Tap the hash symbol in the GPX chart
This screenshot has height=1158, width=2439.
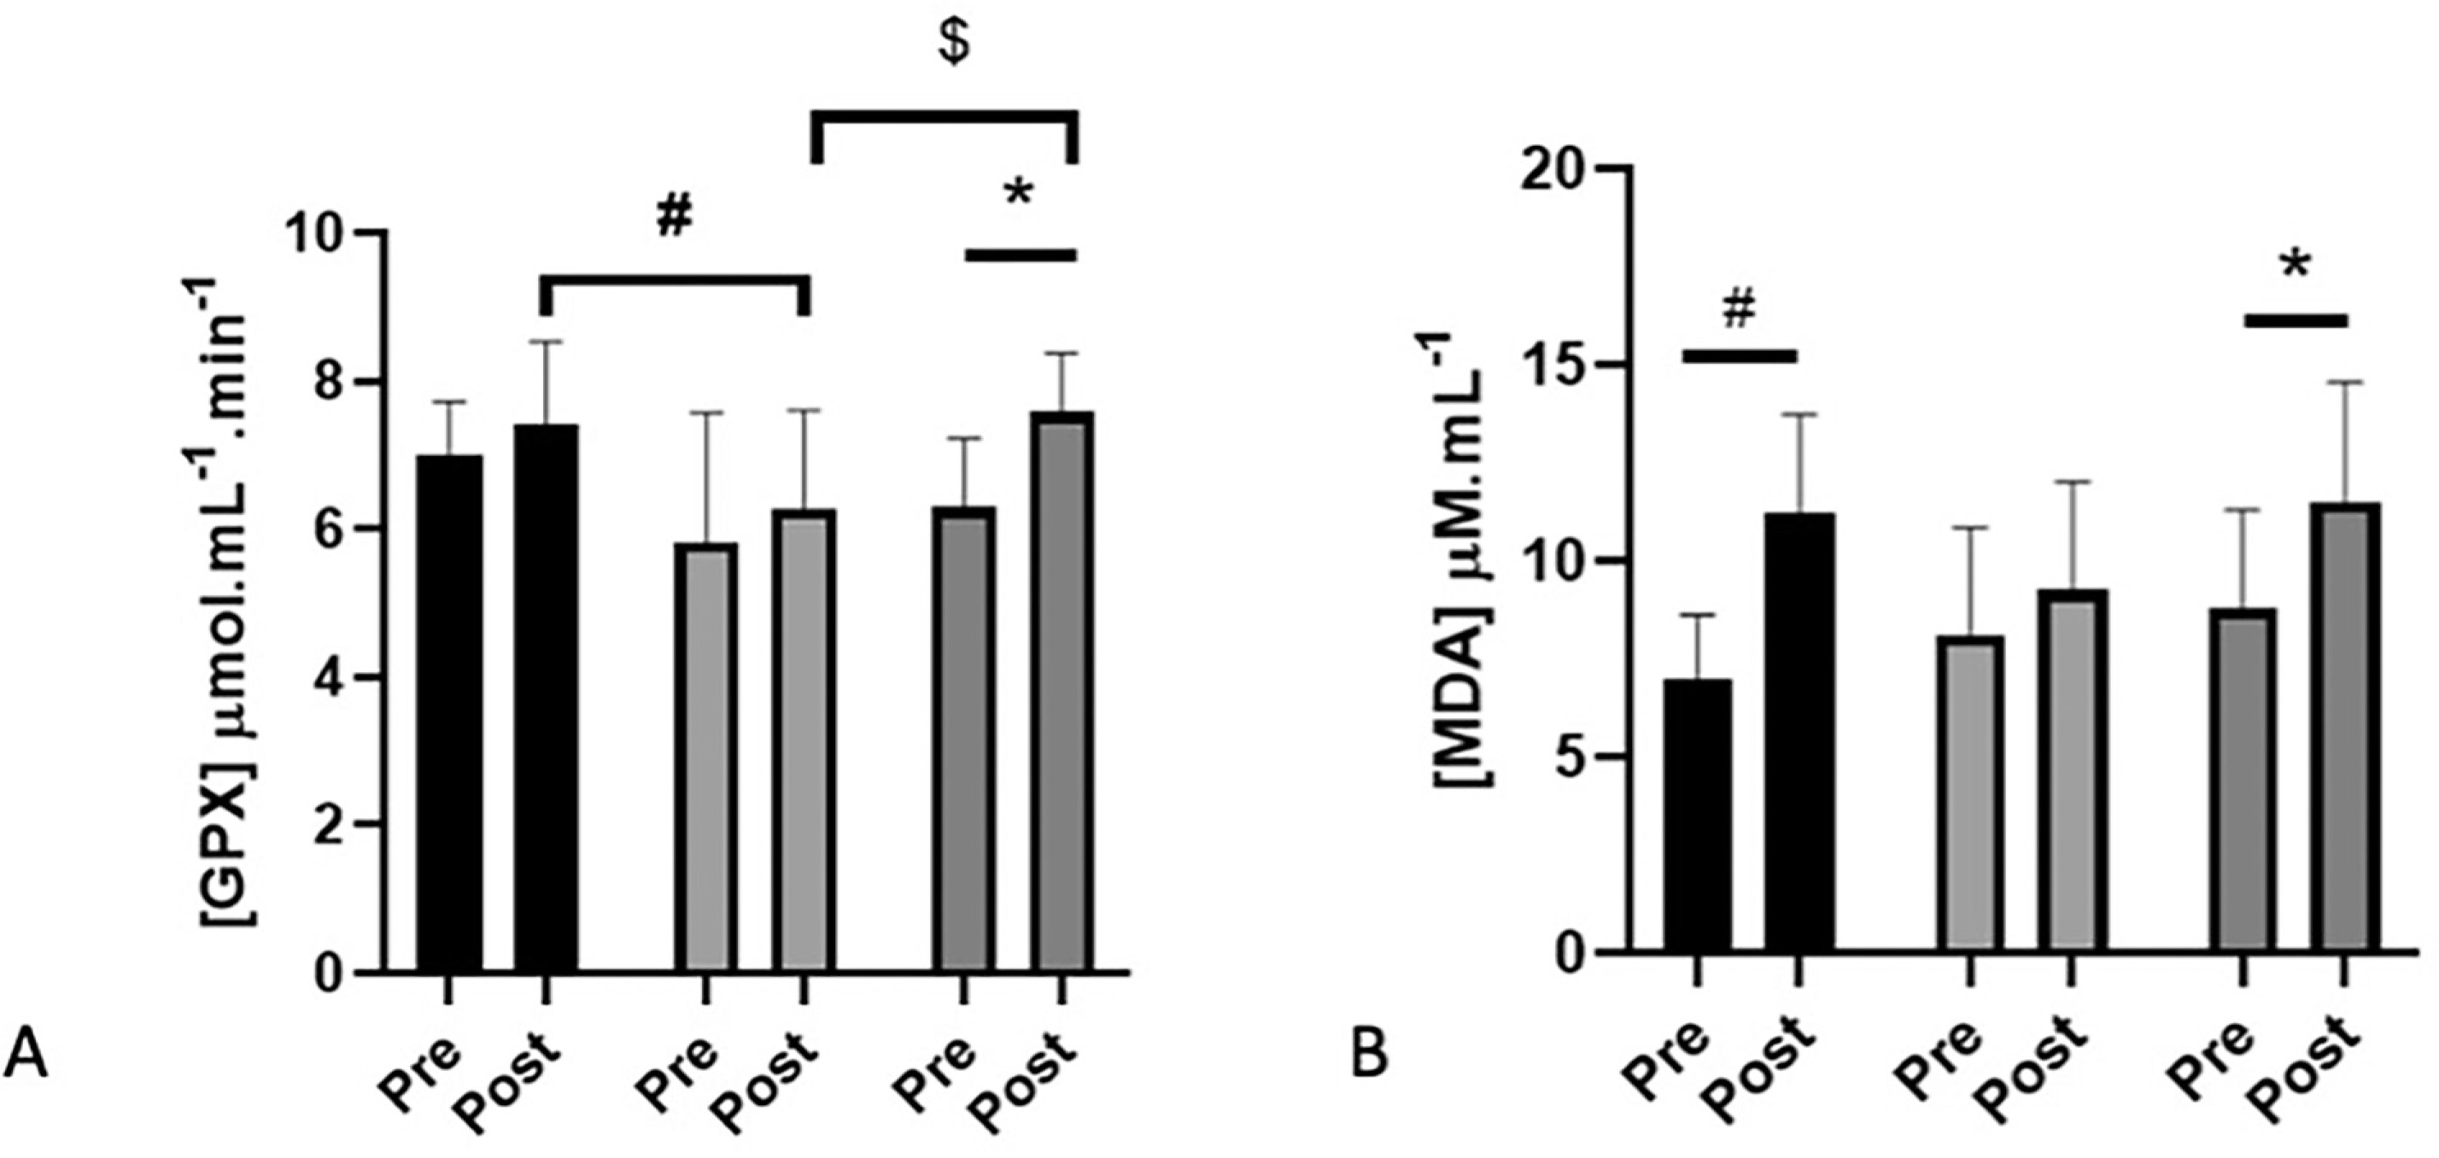click(x=674, y=217)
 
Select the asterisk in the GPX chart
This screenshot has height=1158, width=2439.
click(x=1018, y=198)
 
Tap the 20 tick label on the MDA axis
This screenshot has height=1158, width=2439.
click(x=1553, y=168)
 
